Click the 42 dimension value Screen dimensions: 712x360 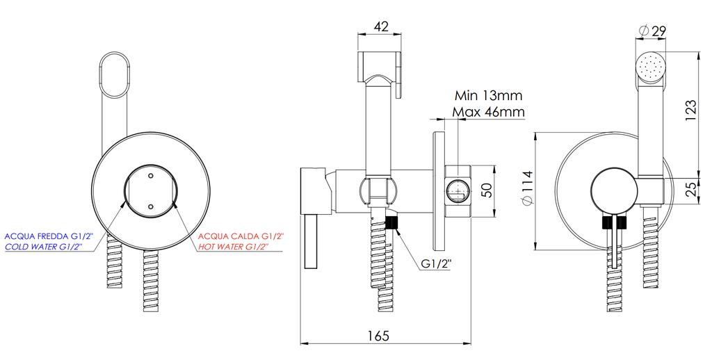pos(381,26)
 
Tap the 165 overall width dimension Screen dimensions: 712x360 pos(378,336)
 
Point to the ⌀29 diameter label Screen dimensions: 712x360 pos(652,31)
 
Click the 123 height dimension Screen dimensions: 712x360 pos(690,111)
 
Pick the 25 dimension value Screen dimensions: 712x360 pos(690,189)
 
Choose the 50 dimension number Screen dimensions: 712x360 pos(486,190)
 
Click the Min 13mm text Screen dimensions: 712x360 pos(489,96)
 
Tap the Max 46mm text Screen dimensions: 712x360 pos(489,111)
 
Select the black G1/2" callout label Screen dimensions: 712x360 pos(437,264)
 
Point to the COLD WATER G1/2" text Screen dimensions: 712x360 pos(44,247)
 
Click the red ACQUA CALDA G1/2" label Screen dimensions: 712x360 pos(241,236)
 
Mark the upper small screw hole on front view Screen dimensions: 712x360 pos(150,174)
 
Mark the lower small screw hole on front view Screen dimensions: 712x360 pos(150,206)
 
